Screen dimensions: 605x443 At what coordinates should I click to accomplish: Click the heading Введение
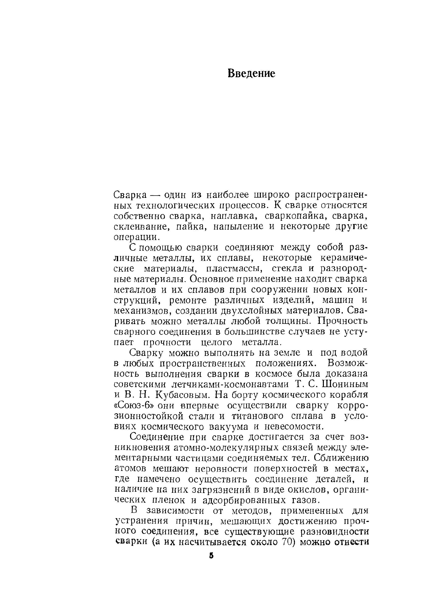tap(251, 73)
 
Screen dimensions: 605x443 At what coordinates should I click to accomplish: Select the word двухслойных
tap(252, 311)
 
